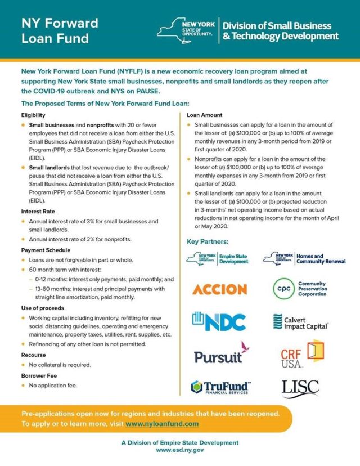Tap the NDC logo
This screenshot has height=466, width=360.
click(x=219, y=321)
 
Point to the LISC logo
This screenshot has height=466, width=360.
click(x=300, y=387)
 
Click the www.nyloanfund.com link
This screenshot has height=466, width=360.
click(x=161, y=423)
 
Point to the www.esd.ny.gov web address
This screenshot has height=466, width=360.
click(x=180, y=450)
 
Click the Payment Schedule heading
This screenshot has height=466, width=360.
click(x=45, y=249)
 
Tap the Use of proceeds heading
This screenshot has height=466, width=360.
click(x=43, y=308)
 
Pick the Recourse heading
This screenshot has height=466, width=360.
click(x=34, y=356)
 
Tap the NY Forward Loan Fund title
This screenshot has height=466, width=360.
click(x=60, y=30)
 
